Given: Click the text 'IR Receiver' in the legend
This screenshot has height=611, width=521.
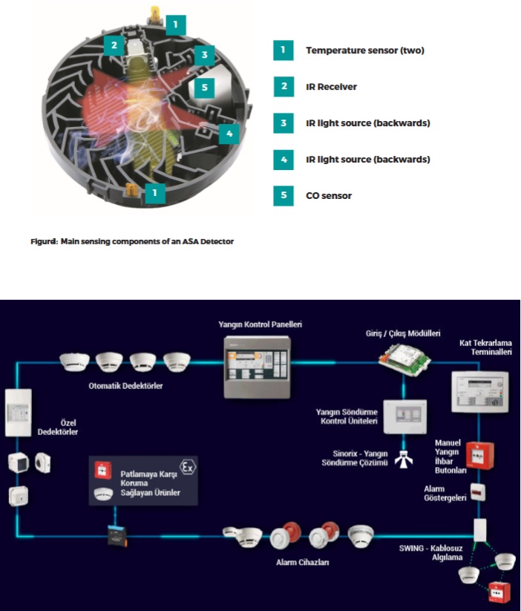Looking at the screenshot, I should point(331,87).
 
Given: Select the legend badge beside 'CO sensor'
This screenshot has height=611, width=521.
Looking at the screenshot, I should point(282,195).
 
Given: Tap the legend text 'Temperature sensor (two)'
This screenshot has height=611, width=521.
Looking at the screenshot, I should point(364,50).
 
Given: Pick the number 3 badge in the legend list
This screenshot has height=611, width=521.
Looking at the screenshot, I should point(282,122).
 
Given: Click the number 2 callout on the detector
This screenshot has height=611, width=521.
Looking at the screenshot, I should point(113,45).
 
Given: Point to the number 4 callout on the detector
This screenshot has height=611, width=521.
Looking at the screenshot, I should point(229,134).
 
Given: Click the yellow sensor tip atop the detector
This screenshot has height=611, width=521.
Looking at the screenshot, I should point(155,13).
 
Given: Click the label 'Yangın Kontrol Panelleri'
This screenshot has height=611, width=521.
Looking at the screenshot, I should point(260,324).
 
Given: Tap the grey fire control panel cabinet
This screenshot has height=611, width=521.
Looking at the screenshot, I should point(257,367).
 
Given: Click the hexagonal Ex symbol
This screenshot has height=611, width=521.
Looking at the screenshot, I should point(189,468).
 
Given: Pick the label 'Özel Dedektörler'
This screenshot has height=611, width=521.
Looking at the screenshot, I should point(57,427).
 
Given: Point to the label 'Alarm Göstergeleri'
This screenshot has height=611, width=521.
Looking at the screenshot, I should point(445,493).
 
